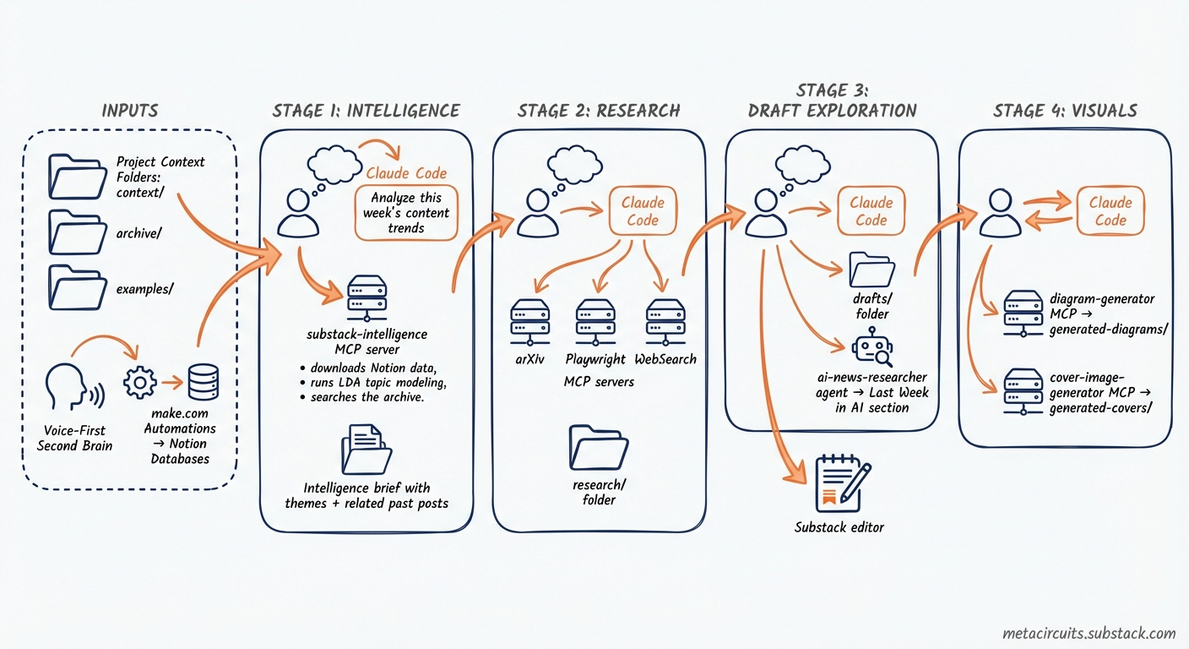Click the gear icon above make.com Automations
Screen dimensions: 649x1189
139,384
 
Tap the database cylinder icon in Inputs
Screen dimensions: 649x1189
202,382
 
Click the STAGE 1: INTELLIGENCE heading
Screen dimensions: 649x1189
366,111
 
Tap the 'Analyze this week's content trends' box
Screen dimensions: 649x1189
406,212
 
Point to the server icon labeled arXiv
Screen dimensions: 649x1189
530,320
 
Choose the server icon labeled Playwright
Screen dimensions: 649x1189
594,320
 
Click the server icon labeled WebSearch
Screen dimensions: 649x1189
665,320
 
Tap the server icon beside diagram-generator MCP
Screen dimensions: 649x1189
1023,313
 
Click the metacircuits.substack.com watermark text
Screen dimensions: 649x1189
1089,633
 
